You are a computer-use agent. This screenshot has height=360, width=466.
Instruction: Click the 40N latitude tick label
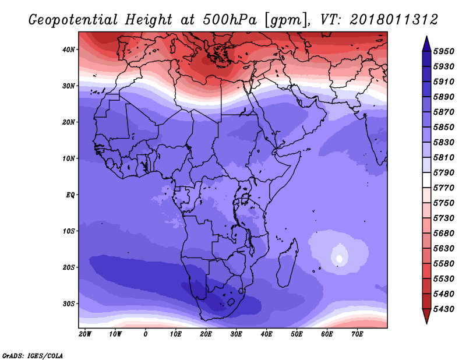69,50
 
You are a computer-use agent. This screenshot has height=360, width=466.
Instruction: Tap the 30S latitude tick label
69,304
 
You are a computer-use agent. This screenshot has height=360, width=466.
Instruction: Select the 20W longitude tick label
85,334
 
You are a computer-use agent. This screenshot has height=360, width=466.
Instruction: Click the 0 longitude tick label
145,334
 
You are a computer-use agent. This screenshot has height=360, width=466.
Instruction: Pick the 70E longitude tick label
357,334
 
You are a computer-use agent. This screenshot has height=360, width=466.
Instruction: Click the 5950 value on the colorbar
444,51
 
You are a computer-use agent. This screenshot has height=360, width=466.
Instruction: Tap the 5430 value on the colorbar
444,309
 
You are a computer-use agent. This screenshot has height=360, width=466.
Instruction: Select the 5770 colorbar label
444,188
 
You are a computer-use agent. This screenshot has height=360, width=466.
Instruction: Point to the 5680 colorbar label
444,234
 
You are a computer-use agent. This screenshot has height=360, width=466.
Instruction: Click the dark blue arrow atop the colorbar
426,44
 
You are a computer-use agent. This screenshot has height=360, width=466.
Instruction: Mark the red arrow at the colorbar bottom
426,316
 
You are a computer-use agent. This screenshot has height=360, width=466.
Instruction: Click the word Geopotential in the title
73,20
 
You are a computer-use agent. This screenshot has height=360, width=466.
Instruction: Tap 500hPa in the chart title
230,20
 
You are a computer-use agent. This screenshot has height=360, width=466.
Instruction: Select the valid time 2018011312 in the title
394,20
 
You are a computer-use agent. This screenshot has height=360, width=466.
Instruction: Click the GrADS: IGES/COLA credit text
33,356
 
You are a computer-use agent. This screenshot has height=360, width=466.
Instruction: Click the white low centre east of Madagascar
340,258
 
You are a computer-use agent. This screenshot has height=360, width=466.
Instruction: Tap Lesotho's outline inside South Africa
231,303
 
